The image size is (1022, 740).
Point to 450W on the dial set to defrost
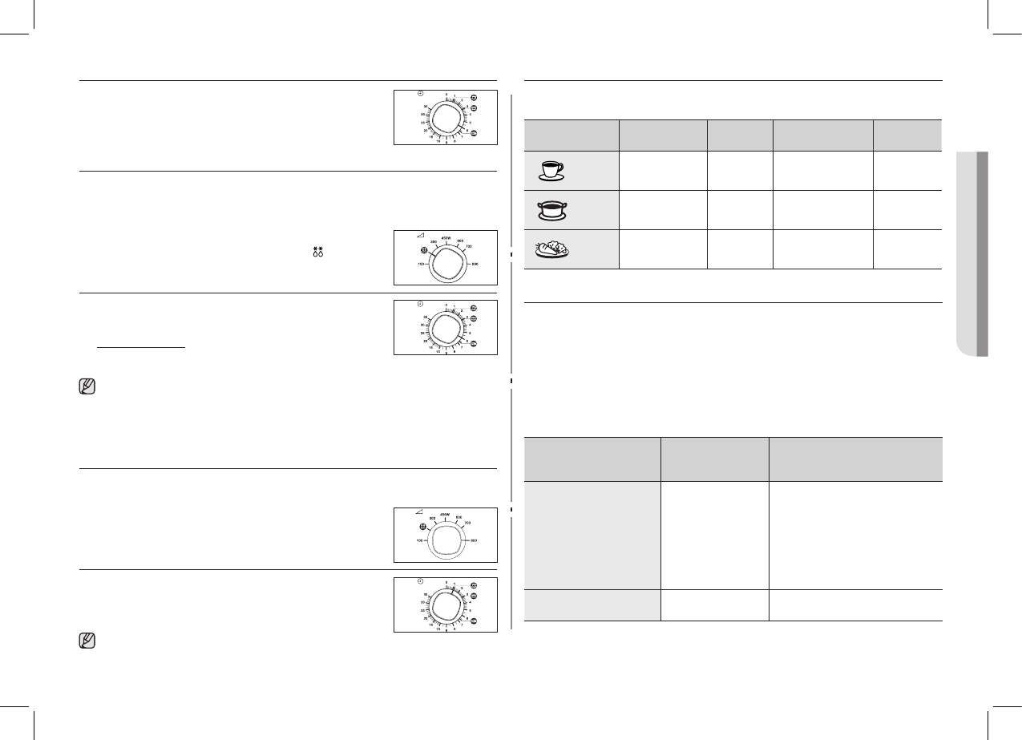446,237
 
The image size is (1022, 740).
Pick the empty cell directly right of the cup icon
663,171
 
